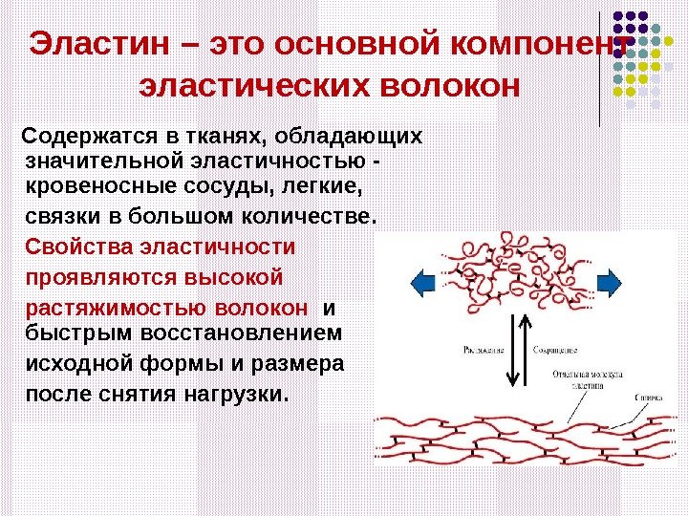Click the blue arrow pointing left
pos(422,283)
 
